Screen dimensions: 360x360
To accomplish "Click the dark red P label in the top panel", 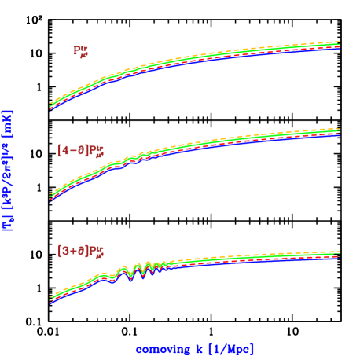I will click(80, 51).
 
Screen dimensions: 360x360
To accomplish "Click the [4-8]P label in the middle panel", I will click(80, 150).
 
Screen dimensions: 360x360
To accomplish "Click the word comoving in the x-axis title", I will click(160, 348).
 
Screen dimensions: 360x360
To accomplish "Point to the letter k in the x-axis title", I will click(193, 348).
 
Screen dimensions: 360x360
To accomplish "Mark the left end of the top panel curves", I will click(50, 106).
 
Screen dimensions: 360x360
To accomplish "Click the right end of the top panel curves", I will click(339, 45).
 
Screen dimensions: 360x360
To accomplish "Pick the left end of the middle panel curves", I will click(50, 197).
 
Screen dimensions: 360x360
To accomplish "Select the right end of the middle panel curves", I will click(339, 131).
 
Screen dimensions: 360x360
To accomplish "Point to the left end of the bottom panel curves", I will click(50, 299).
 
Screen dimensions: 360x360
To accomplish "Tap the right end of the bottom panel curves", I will click(339, 255).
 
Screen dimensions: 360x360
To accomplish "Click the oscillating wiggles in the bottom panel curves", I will click(138, 272).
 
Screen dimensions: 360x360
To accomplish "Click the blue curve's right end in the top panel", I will click(339, 49).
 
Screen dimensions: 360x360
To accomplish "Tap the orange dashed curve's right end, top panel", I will click(339, 42).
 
